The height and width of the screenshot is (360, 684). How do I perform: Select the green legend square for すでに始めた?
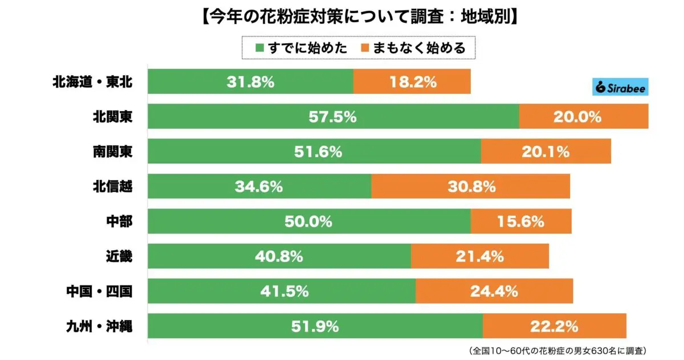(x=260, y=48)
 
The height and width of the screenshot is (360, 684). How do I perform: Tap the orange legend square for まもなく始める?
(x=365, y=48)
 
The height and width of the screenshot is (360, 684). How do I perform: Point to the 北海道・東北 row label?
(x=92, y=81)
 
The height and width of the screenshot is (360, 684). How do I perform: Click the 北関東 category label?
(x=113, y=117)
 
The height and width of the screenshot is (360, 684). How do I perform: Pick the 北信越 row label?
(x=113, y=186)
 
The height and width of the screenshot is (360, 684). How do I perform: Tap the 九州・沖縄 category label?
(x=92, y=326)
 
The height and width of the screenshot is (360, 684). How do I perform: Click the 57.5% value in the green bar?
(x=333, y=117)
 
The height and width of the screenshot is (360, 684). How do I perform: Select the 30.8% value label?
(x=471, y=186)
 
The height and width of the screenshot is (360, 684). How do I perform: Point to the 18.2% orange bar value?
(x=413, y=81)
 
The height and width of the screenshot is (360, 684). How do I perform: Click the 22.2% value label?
(x=555, y=326)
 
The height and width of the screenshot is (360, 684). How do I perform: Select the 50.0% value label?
(x=308, y=221)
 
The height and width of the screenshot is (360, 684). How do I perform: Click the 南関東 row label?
(x=113, y=152)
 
